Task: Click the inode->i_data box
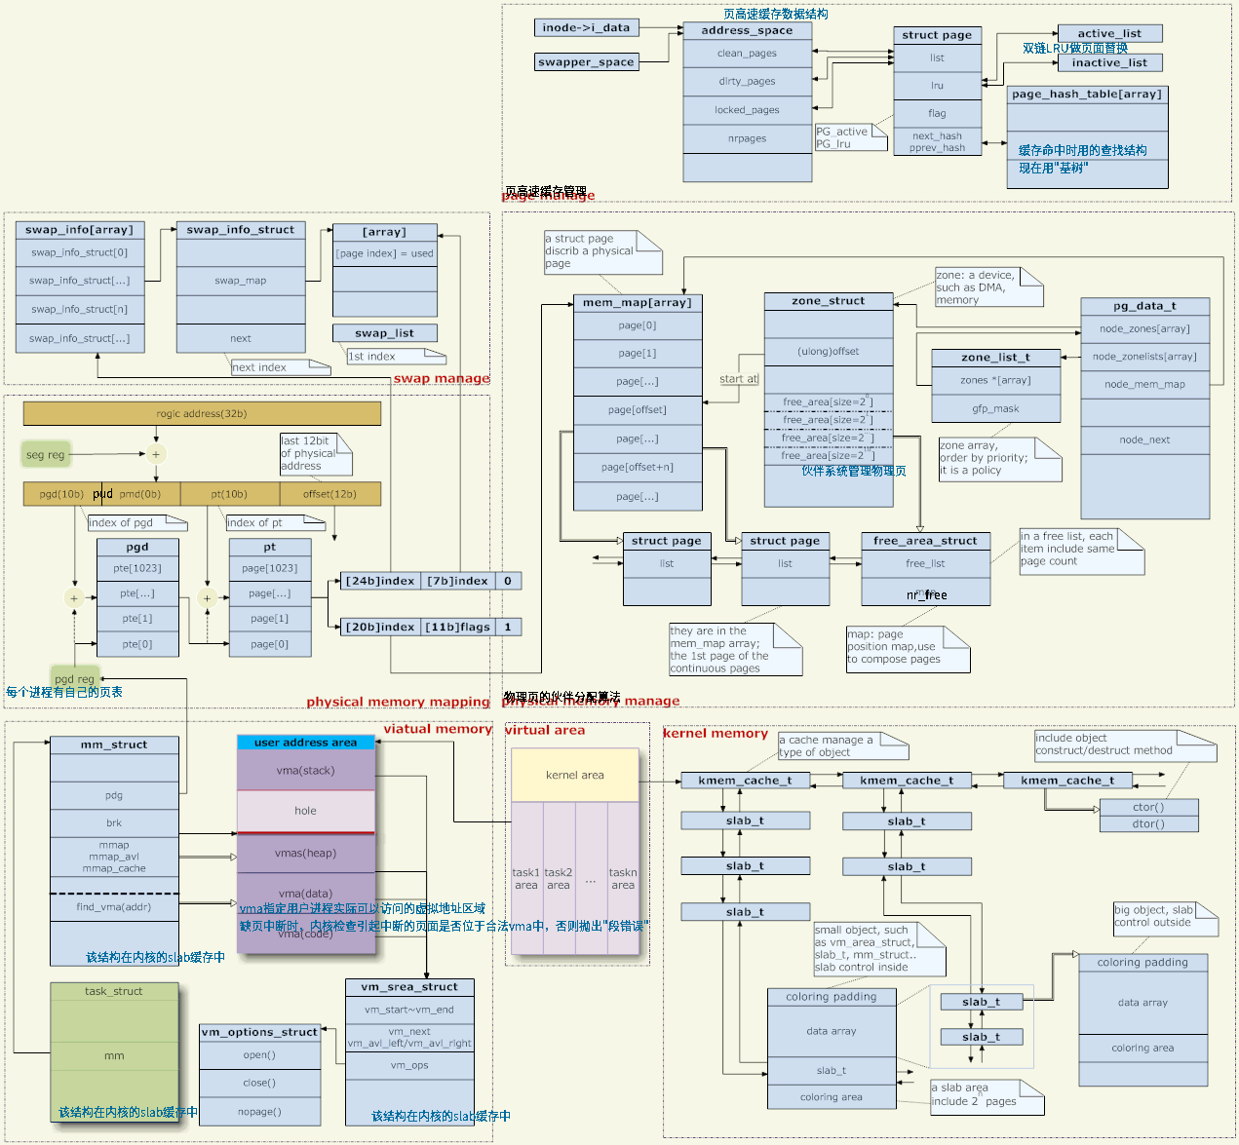click(586, 27)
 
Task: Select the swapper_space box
click(586, 61)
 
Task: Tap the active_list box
click(1109, 33)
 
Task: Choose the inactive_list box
click(1109, 62)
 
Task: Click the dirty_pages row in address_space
click(747, 82)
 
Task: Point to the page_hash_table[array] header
click(1087, 95)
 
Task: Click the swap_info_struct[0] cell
click(80, 252)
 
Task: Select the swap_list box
click(384, 333)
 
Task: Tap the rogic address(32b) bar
click(202, 413)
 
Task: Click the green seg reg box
click(46, 454)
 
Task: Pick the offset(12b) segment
click(329, 494)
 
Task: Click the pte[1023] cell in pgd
click(137, 568)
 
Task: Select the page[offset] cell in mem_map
click(638, 410)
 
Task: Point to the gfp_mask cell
click(995, 408)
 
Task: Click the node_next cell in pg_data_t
click(1144, 439)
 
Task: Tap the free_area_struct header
click(925, 541)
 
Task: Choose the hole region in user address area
click(305, 811)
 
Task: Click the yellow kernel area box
click(575, 775)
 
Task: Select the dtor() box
click(1148, 824)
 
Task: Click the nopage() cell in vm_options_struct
click(259, 1112)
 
